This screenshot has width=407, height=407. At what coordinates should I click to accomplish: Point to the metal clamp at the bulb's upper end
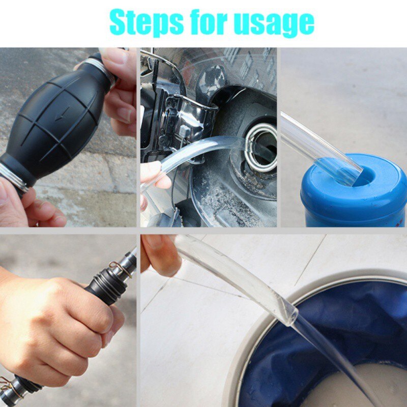(97, 66)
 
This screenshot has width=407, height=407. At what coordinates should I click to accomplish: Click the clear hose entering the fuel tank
(203, 150)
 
